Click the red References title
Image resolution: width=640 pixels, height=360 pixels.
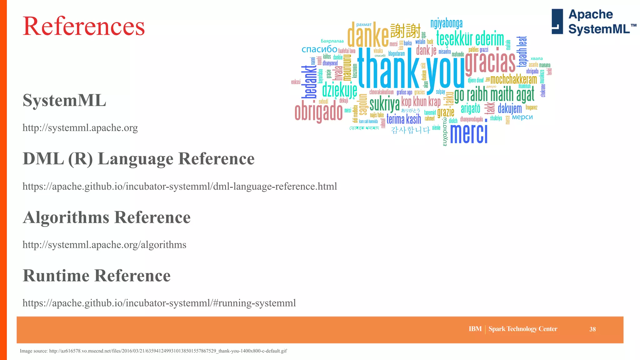(84, 26)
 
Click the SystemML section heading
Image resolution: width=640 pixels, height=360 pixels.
(64, 101)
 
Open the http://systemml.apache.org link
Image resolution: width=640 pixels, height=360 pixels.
(80, 128)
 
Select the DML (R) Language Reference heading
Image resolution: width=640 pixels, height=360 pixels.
(138, 159)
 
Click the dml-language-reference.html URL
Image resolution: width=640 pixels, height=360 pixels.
(180, 187)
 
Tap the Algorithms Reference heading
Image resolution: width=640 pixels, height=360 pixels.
(107, 217)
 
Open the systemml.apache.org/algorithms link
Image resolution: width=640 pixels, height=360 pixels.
(104, 245)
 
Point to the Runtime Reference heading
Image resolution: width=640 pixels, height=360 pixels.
(97, 276)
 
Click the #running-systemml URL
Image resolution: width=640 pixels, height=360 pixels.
(159, 303)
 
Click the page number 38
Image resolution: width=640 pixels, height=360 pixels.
(592, 329)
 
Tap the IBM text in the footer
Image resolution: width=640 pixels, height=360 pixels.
(475, 329)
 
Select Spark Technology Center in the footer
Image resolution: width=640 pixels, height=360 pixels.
(523, 329)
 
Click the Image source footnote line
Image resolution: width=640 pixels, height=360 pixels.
(153, 351)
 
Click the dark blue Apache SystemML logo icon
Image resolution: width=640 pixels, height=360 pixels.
(557, 21)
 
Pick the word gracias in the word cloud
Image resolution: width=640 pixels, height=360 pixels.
(490, 62)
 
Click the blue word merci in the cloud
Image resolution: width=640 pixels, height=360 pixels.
(468, 134)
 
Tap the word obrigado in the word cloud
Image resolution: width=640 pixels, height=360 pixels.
(318, 112)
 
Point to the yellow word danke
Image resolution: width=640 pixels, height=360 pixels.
(368, 35)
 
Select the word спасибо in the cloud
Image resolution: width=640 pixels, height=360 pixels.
(319, 49)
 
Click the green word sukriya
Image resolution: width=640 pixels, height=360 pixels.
(384, 104)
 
